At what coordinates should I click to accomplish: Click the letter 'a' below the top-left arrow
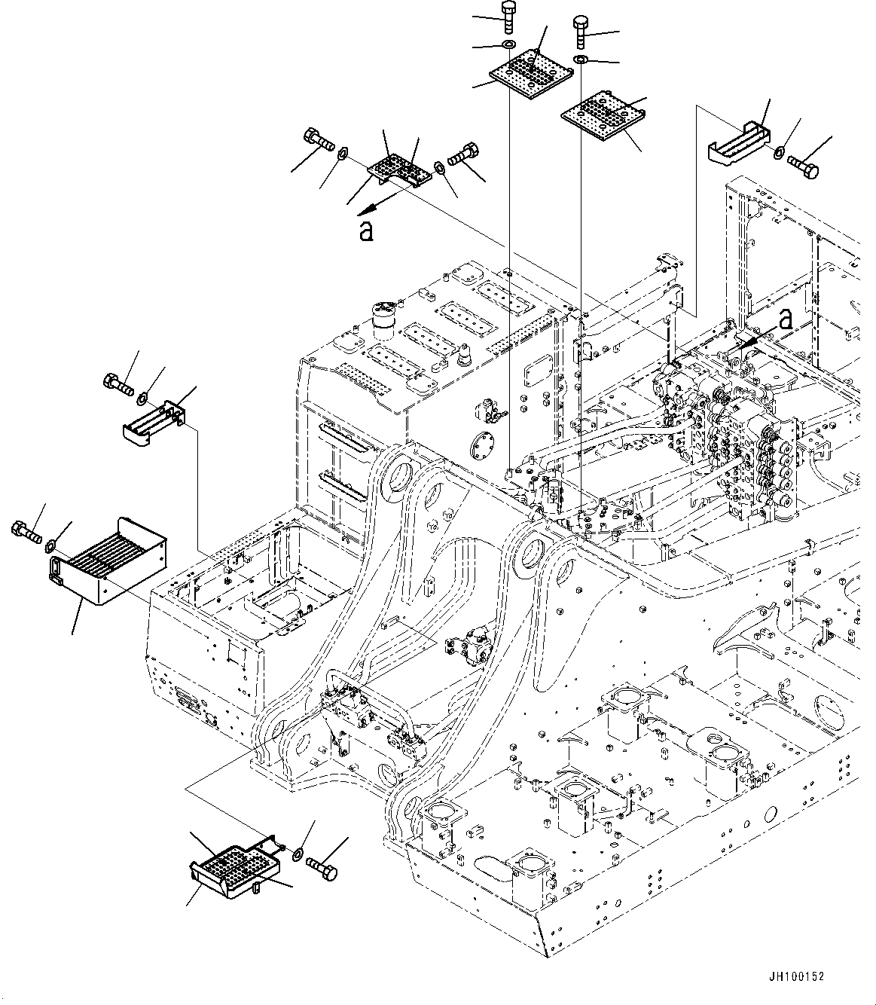click(366, 231)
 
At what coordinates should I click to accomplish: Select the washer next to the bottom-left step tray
click(298, 854)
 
